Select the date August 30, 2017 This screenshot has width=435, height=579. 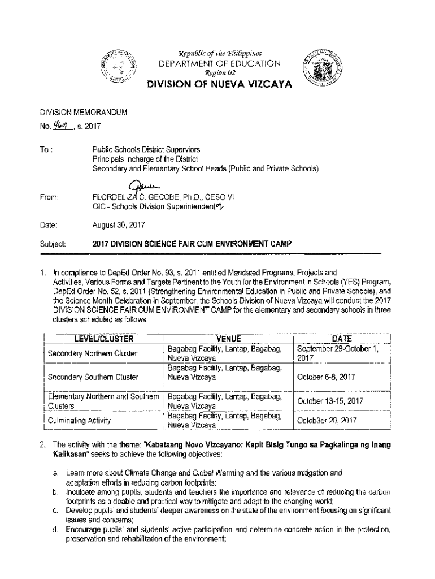pyautogui.click(x=119, y=224)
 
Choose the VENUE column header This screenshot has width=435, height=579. pyautogui.click(x=229, y=339)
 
